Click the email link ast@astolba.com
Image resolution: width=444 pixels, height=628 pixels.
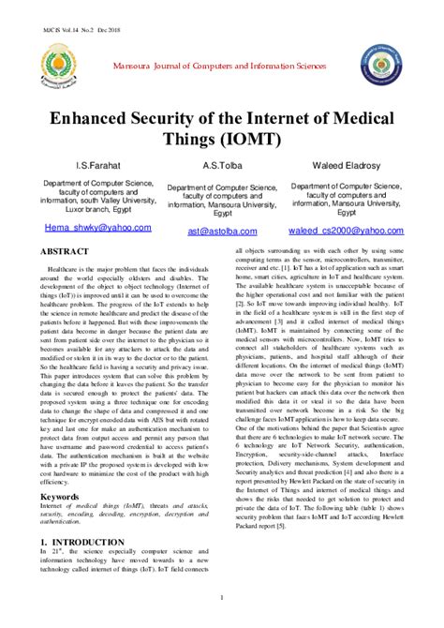pyautogui.click(x=222, y=231)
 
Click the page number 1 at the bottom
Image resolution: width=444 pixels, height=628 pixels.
pyautogui.click(x=222, y=596)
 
